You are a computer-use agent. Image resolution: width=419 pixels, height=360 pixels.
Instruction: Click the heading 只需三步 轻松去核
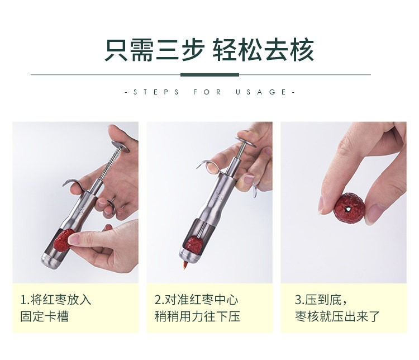click(x=209, y=50)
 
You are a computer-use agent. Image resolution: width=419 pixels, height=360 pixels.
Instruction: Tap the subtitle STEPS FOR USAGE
click(x=209, y=92)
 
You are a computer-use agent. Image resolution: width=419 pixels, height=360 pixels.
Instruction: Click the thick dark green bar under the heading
click(x=209, y=75)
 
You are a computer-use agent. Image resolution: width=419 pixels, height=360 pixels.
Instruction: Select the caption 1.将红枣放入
click(x=55, y=300)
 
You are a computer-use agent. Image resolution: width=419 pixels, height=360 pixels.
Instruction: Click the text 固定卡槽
click(x=44, y=316)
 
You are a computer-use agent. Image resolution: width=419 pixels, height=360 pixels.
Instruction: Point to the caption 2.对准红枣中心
click(x=196, y=300)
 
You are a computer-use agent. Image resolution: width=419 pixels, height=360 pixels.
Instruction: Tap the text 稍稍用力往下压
click(x=197, y=316)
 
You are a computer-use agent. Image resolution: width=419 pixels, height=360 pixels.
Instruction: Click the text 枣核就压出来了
click(x=337, y=316)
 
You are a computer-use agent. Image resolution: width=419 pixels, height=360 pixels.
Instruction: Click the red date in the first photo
click(x=63, y=240)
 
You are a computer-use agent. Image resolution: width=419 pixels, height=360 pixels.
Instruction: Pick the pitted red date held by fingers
click(x=349, y=207)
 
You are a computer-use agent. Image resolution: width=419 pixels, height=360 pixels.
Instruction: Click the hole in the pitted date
click(x=347, y=209)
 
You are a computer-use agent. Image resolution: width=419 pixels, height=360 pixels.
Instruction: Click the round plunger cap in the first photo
click(x=120, y=146)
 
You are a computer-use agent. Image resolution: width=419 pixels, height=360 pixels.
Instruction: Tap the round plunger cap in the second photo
click(x=245, y=142)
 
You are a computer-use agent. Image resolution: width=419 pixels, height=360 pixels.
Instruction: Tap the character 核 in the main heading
click(x=302, y=50)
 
